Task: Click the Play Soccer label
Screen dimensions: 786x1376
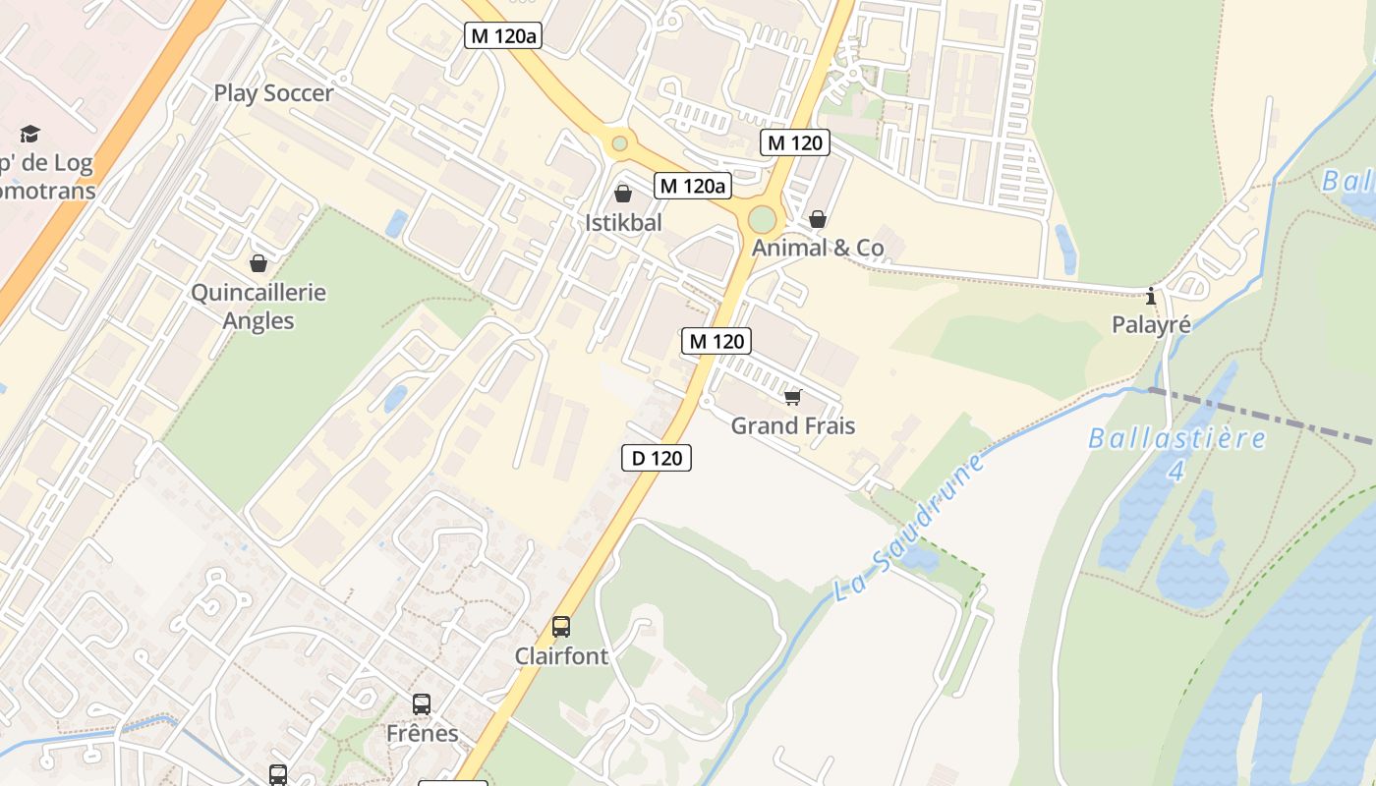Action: click(274, 93)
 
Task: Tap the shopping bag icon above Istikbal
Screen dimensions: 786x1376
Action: click(622, 194)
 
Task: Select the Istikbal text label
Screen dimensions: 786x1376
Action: click(623, 223)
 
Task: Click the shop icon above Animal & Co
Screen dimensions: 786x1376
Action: click(818, 219)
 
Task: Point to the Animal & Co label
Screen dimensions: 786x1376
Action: click(818, 248)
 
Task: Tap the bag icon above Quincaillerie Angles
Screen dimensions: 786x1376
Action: click(258, 263)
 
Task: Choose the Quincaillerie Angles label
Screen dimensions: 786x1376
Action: click(258, 307)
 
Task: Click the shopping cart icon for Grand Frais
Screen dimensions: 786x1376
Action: click(792, 397)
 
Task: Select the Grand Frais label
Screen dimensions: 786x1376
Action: click(792, 425)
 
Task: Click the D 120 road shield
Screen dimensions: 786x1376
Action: click(657, 457)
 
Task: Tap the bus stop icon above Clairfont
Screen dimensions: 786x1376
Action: click(561, 626)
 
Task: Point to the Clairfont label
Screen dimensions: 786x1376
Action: click(562, 655)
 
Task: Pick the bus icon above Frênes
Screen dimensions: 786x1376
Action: click(422, 703)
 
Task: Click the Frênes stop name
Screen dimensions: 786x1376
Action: click(423, 733)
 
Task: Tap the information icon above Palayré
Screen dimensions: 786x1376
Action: click(1151, 296)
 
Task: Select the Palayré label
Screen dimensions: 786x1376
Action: click(1151, 324)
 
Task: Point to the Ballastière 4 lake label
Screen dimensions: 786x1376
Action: click(1176, 452)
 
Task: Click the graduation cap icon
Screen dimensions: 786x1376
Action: click(29, 134)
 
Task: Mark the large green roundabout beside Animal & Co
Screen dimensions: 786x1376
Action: click(762, 219)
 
